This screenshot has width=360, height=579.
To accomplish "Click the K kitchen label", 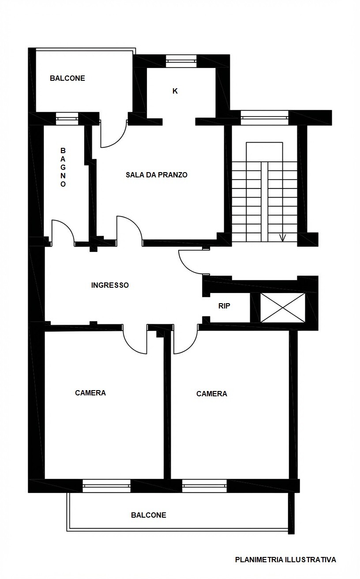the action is coord(175,91).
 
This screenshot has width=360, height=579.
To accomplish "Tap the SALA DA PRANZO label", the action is coord(156,175).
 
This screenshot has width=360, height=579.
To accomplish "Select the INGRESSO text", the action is coord(110,285).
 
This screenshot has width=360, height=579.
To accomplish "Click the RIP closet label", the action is coord(224,306).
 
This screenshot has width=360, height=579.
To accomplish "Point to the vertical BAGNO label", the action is coord(63,167).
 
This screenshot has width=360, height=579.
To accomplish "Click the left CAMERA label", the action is coord(90,393).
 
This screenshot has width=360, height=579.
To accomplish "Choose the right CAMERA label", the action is coord(212,394).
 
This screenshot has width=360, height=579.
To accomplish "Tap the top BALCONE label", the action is coord(67,78).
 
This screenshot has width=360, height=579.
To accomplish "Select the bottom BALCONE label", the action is coord(149,515).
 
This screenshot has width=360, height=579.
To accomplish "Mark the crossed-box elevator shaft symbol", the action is coord(283,308).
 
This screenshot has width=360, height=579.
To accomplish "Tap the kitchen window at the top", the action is coord(181,61).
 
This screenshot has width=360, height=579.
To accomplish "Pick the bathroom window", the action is coord(67,119).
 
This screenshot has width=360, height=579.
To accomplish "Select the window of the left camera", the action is coord(106,486).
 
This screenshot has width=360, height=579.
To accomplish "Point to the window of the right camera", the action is coord(204,486).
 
